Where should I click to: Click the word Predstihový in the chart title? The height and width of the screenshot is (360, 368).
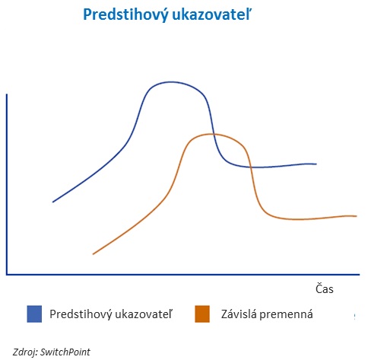pos(125,14)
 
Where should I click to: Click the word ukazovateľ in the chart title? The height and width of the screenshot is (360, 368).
pos(211,14)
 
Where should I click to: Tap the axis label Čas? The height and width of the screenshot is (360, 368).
pos(325,288)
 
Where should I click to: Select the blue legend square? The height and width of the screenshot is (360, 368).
pos(34,314)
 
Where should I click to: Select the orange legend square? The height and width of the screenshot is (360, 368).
pos(202,314)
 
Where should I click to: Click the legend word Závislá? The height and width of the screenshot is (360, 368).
pos(239,314)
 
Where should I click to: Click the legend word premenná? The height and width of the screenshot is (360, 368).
pos(286,315)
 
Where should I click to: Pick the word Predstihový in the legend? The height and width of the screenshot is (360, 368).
pos(81,314)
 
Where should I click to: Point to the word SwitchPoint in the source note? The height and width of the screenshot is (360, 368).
pos(65,352)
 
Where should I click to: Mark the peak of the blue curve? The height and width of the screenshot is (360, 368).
pos(172,82)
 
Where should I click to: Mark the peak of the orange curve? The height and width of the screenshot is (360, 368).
pos(211,134)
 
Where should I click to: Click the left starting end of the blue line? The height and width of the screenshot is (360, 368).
pos(53,202)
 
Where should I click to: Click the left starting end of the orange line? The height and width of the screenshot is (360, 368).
pos(94,253)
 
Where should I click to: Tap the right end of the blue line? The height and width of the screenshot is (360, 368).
pos(316,164)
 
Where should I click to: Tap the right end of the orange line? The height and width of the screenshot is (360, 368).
pos(357,216)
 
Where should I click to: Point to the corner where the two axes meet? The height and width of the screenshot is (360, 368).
pos(7,274)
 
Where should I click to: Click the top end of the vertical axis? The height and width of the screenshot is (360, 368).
pos(7,94)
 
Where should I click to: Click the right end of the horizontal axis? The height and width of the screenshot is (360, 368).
pos(359,274)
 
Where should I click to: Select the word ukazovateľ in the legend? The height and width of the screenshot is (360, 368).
pos(144,314)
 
